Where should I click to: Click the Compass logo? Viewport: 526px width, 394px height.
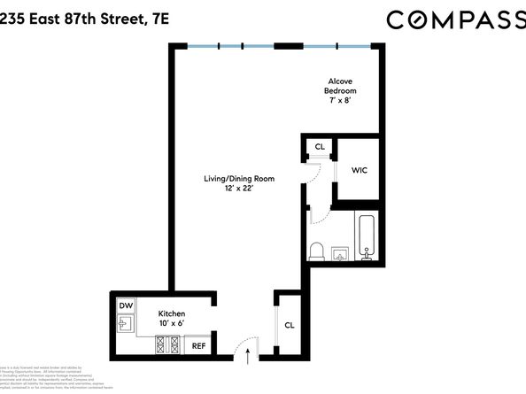tap(453, 19)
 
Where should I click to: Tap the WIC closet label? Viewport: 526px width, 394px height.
tap(360, 169)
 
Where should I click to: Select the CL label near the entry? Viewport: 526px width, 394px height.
tap(290, 325)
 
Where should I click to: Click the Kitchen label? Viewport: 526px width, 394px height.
tap(171, 314)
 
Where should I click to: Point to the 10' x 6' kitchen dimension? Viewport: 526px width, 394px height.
tap(171, 325)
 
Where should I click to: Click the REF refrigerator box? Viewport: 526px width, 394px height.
tap(199, 346)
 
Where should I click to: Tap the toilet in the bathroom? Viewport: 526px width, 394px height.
tap(316, 251)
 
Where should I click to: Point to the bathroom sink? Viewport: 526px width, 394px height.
tap(342, 255)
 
